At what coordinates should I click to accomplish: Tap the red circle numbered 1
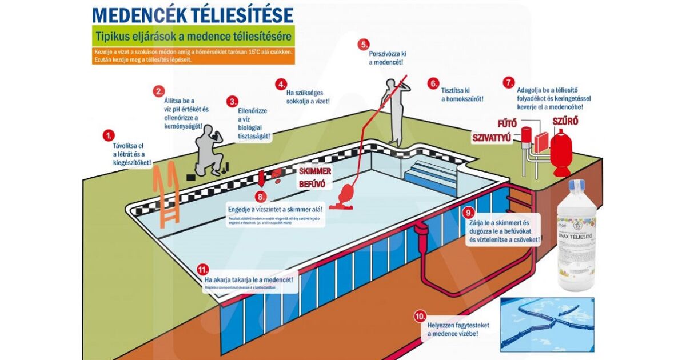pyautogui.click(x=108, y=135)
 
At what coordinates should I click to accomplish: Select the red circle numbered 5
pyautogui.click(x=364, y=44)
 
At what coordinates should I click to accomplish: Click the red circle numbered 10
pyautogui.click(x=420, y=316)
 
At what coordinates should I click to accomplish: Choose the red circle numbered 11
pyautogui.click(x=201, y=269)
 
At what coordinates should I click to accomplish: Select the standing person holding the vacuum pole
pyautogui.click(x=394, y=109)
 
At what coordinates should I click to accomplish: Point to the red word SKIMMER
pyautogui.click(x=315, y=171)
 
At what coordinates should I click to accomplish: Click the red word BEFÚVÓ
pyautogui.click(x=313, y=184)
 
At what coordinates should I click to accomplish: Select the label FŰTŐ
pyautogui.click(x=506, y=122)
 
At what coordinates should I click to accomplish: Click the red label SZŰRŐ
pyautogui.click(x=565, y=121)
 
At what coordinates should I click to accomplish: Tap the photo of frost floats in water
pyautogui.click(x=547, y=323)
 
